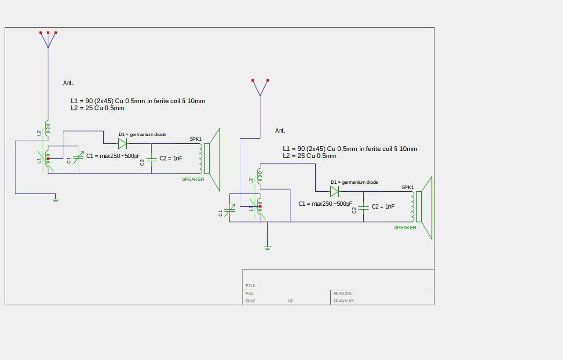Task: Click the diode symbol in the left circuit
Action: (x=122, y=143)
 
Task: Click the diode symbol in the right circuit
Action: (x=334, y=191)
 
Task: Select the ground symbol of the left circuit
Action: (x=55, y=200)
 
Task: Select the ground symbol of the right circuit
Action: (x=267, y=248)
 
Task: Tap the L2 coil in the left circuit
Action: (x=47, y=127)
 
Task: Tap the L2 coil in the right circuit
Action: (x=260, y=175)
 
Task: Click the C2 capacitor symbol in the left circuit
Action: (x=151, y=160)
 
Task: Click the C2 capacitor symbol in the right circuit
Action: (x=363, y=207)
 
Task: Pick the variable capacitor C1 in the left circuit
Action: (x=78, y=157)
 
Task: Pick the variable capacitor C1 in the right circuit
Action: (x=230, y=210)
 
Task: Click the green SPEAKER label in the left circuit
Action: (x=193, y=179)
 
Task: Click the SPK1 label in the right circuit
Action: (x=408, y=187)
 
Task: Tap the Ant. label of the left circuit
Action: (x=68, y=83)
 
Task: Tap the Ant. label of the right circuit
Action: (x=280, y=131)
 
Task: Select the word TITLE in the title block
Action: (x=250, y=286)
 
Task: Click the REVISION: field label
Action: (x=343, y=294)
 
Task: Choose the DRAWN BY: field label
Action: (x=344, y=301)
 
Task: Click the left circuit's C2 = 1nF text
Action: (x=171, y=158)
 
